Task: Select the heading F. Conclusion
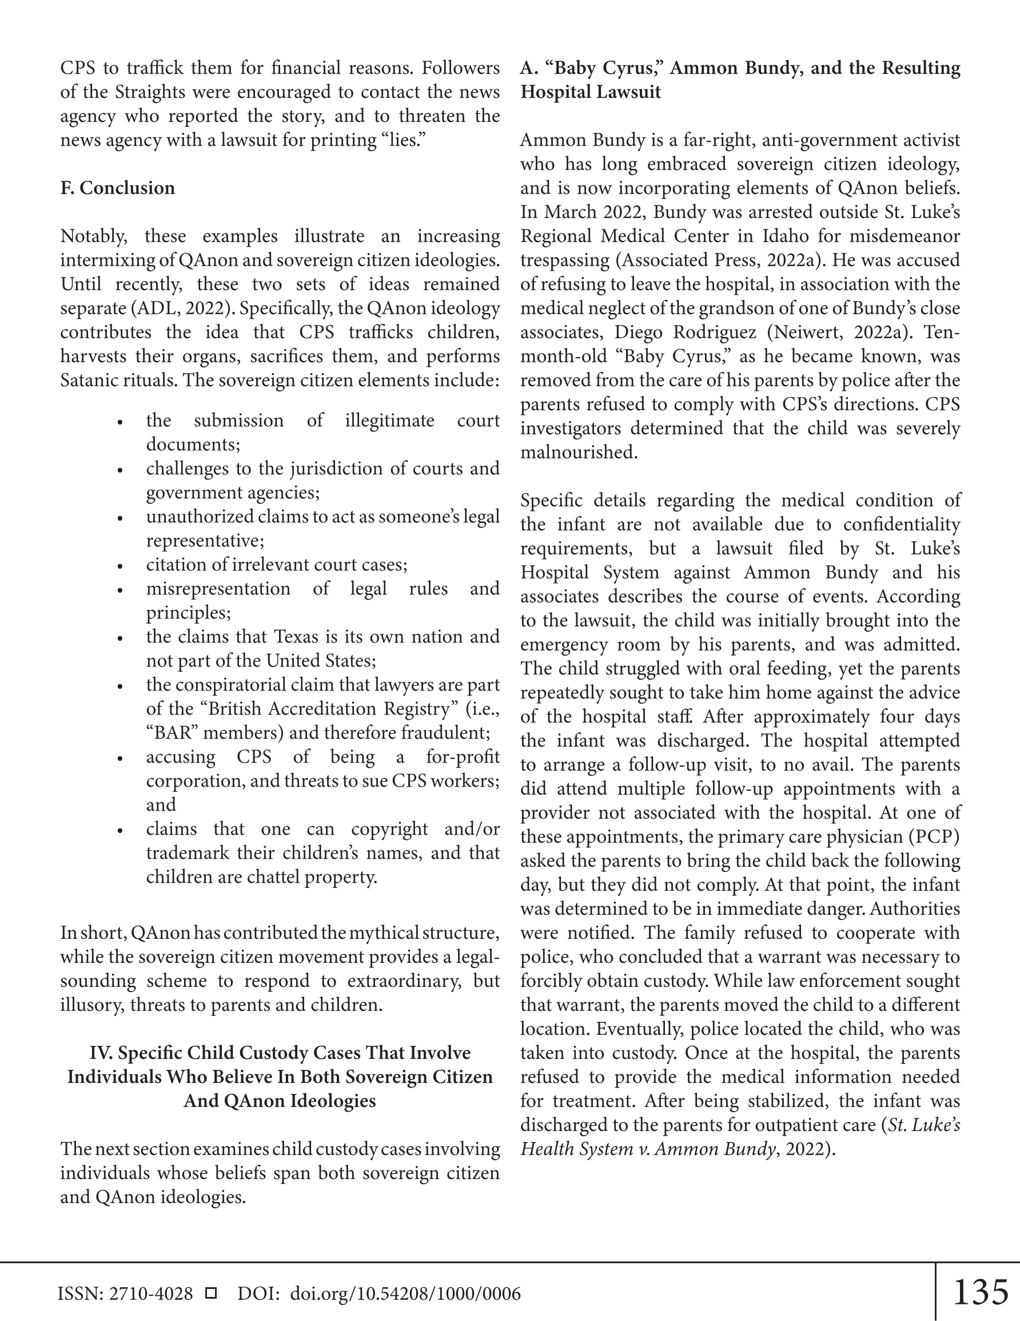(x=117, y=188)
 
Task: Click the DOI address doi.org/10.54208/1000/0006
(x=405, y=1293)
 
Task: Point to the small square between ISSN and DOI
(x=211, y=1293)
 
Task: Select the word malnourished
(x=579, y=453)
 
